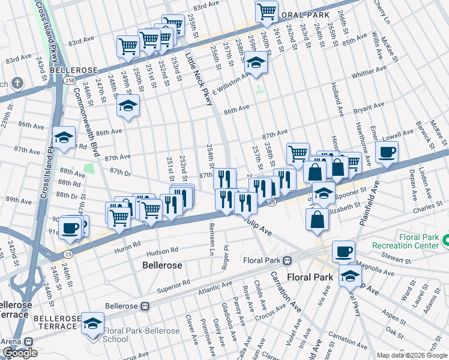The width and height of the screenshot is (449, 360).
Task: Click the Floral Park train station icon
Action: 288,261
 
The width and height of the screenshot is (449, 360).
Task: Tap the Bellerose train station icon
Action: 145,306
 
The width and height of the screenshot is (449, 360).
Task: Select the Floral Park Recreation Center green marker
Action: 445,241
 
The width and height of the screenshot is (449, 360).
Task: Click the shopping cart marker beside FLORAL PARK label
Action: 267,12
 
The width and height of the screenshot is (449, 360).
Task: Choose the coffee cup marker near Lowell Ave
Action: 387,152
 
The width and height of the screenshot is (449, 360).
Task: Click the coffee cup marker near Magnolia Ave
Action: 343,251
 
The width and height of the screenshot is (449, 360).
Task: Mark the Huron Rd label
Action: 128,244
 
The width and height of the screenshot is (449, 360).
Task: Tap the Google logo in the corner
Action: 20,353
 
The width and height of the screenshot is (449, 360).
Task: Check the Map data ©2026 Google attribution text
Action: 411,355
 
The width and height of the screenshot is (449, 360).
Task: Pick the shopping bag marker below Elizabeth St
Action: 316,220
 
